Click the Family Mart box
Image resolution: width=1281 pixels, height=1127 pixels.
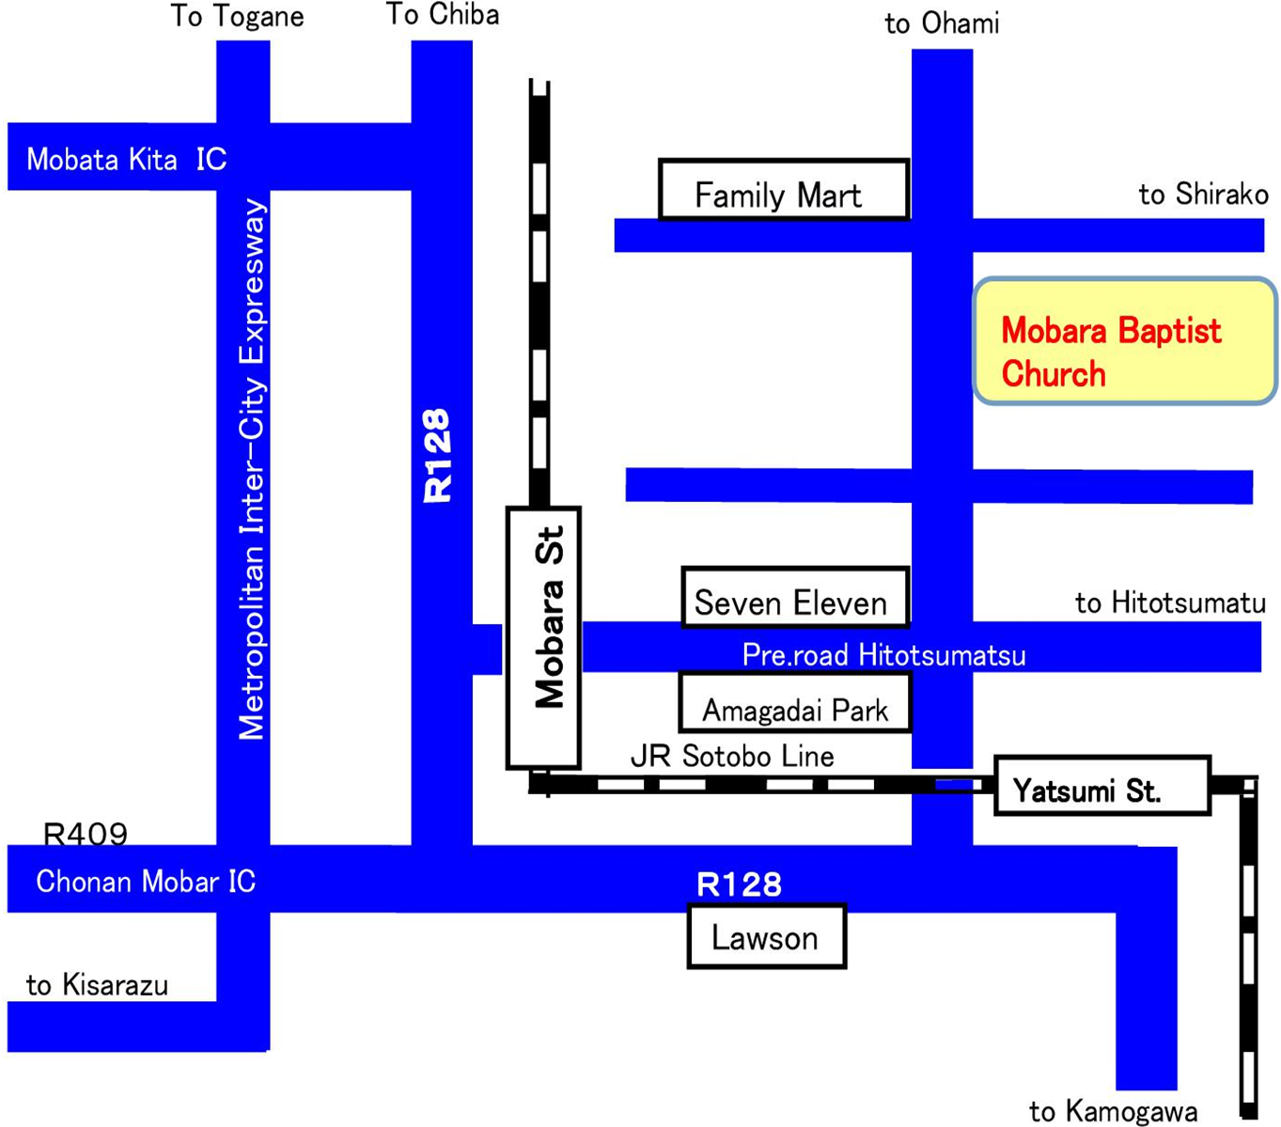784,191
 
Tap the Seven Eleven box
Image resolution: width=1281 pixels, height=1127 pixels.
794,598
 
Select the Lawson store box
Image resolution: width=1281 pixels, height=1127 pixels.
766,936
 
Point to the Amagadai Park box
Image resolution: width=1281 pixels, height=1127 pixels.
794,703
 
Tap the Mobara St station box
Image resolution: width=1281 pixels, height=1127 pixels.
543,638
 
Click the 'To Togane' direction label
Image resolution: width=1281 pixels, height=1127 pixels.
237,17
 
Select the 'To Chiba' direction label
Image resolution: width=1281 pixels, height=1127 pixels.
442,14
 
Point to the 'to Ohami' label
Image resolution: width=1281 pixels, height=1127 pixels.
942,23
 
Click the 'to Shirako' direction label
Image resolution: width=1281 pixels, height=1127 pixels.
1203,195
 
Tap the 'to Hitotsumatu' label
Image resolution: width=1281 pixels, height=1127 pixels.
1170,603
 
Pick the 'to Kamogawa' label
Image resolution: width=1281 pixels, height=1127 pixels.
1113,1112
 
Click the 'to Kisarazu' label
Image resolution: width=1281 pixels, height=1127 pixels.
98,984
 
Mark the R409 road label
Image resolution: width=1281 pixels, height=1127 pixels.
86,834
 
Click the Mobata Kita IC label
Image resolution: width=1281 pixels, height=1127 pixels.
127,159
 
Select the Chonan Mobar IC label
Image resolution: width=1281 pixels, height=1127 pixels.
146,882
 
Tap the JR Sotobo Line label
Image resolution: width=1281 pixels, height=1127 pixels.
732,756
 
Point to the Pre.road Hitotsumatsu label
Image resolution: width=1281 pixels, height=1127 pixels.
883,654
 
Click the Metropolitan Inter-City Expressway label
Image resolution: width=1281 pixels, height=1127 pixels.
252,470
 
